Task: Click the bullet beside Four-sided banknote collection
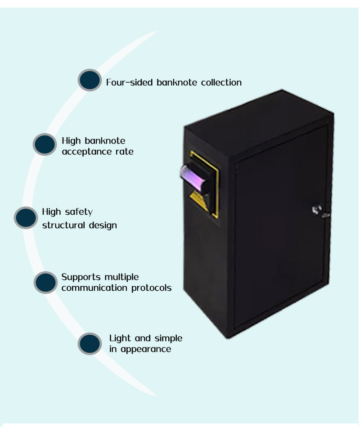point(90,80)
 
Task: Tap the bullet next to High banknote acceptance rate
point(45,144)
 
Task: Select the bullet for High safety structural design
point(26,217)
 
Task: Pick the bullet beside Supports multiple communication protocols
point(45,282)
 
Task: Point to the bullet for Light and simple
point(90,343)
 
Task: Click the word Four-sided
point(130,82)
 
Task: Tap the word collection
point(221,82)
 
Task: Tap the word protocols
point(151,288)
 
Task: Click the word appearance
point(146,349)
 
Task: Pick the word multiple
point(121,277)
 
